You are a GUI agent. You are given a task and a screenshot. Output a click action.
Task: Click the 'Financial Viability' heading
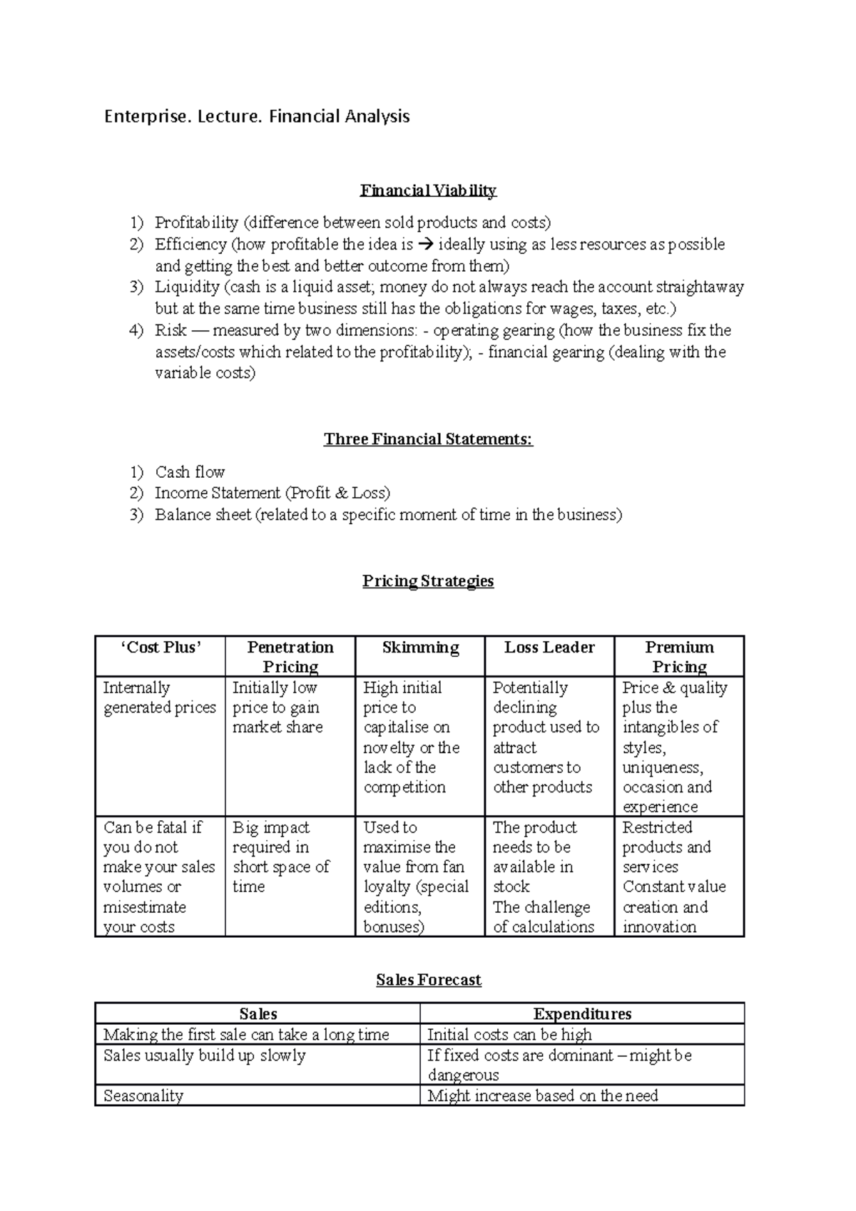428,190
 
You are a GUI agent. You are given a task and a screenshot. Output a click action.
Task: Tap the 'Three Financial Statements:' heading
428,439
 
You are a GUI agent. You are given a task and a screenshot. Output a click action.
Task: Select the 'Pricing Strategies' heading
428,581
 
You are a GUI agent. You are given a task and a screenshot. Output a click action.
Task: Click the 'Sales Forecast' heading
428,980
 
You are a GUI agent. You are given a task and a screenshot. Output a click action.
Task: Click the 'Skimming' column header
420,648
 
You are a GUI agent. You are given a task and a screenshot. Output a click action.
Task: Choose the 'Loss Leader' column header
549,648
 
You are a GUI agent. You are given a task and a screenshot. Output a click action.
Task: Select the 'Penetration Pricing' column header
290,657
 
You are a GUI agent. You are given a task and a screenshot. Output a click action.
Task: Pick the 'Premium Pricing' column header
679,657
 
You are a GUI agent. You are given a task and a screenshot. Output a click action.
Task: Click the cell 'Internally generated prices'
159,698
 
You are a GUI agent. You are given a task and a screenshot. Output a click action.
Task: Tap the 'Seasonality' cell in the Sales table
143,1096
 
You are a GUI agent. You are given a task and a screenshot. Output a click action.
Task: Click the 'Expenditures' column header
582,1014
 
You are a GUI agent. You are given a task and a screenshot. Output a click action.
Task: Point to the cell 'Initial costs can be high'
509,1035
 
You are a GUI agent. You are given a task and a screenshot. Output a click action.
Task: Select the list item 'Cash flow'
190,472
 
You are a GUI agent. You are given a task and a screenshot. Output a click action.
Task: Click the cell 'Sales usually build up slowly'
204,1056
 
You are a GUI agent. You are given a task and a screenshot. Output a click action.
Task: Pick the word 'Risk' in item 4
170,330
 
